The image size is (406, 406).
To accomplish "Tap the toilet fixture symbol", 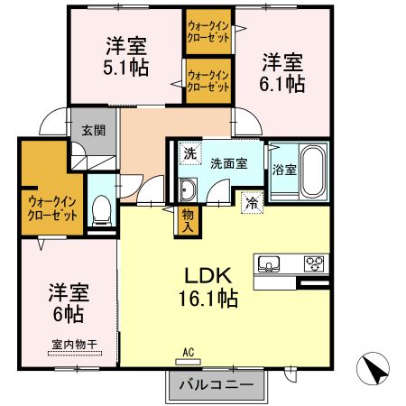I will tap(101, 211).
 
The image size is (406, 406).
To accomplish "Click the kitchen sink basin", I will tap(269, 264).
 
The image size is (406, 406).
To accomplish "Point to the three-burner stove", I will tap(313, 264).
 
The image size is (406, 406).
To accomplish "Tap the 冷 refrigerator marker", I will tap(253, 203).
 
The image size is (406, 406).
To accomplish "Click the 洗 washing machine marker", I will tap(189, 154).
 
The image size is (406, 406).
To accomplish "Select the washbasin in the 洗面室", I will tap(188, 190).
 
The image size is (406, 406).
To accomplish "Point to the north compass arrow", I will tap(376, 368).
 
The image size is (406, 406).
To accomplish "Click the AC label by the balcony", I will tap(189, 353).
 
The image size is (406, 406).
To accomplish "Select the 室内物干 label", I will tap(69, 344).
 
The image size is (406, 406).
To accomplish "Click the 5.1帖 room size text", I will tap(125, 67).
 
